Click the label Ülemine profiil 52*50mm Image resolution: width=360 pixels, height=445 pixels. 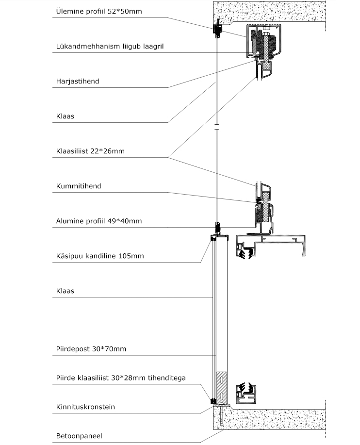pos(98,11)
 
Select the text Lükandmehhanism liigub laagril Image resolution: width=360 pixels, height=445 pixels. pos(110,46)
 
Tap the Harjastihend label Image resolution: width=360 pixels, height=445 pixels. pos(78,81)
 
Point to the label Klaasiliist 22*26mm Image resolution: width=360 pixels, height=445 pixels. pos(90,151)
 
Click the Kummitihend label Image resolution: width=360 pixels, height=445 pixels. pos(79,186)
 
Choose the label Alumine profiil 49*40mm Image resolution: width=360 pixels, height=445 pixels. pos(98,221)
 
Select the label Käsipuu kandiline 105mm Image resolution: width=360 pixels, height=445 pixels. pos(100,256)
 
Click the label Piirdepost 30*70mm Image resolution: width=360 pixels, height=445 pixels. pos(91,349)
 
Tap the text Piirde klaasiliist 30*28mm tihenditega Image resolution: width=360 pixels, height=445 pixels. pos(121,378)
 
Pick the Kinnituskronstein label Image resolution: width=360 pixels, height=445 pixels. pos(85,407)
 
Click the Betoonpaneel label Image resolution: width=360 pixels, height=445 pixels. pos(79,436)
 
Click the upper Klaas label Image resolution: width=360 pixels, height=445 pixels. pos(65,116)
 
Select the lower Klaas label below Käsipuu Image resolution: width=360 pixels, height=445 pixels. pos(65,291)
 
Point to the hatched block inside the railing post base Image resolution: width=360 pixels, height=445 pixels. pos(222,387)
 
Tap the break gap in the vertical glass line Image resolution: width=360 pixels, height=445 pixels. pos(217,127)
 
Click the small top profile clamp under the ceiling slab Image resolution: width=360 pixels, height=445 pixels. pos(218,29)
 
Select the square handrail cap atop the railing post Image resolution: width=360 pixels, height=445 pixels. pos(220,237)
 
